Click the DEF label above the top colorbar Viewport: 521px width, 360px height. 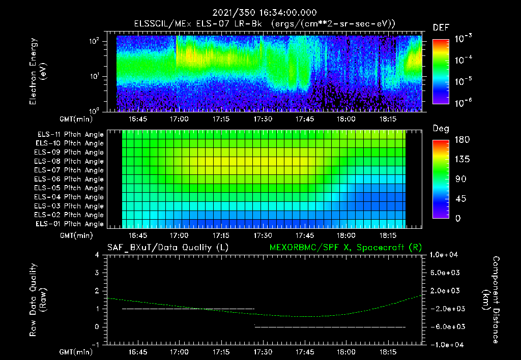(x=440, y=28)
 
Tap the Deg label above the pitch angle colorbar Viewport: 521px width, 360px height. (x=441, y=129)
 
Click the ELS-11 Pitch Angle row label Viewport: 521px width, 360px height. (x=70, y=135)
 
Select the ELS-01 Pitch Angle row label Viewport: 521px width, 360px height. (x=70, y=224)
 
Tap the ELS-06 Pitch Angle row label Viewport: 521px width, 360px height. (x=70, y=179)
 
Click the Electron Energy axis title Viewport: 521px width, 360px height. (x=38, y=72)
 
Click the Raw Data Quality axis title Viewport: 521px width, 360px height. (x=38, y=300)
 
